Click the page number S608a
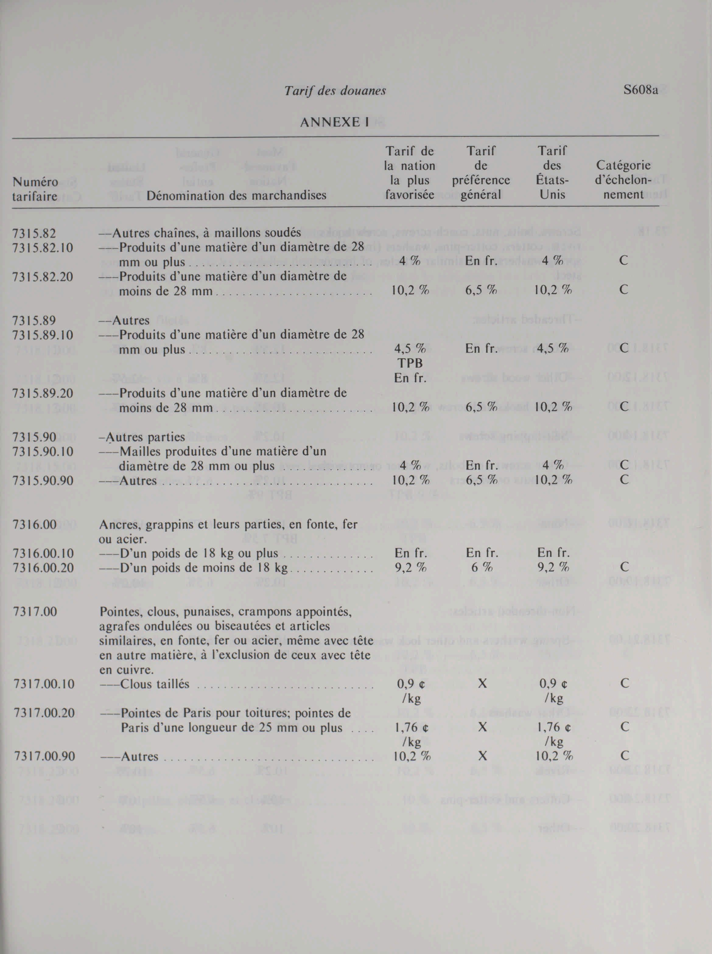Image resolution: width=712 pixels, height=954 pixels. point(640,91)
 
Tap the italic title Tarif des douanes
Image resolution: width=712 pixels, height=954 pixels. point(335,91)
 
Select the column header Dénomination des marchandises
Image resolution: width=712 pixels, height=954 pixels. point(236,196)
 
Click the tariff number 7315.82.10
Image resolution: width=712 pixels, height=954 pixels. point(43,248)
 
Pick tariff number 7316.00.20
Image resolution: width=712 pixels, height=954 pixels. point(43,568)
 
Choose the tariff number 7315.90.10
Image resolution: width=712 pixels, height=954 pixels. point(43,451)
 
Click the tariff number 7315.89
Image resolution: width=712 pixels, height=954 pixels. point(34,320)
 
